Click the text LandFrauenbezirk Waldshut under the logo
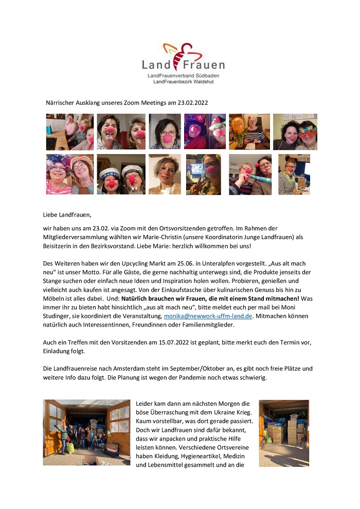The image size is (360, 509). point(183,82)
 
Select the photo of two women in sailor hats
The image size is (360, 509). point(121,174)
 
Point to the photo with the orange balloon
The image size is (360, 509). point(249,132)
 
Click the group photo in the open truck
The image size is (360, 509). point(86,433)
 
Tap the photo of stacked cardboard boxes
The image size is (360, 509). point(284,433)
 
